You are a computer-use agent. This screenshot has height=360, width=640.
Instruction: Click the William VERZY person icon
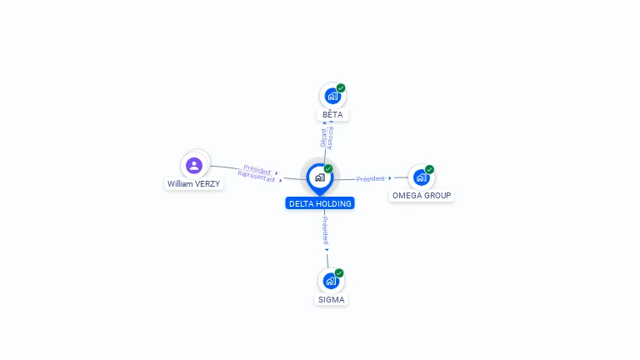194,166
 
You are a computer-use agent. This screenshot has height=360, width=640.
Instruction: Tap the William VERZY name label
193,184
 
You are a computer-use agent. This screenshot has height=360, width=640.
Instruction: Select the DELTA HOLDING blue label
320,203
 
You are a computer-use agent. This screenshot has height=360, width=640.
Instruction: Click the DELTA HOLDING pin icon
320,179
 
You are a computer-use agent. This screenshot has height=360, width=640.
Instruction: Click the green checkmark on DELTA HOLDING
328,168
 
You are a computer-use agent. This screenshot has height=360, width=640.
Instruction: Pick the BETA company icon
332,97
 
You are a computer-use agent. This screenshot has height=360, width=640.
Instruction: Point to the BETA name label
332,115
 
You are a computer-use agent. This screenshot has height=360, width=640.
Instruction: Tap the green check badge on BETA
341,87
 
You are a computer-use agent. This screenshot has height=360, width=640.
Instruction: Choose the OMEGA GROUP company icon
421,177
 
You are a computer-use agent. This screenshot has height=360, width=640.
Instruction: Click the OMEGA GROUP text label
422,196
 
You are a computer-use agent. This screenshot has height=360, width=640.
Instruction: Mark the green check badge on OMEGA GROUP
429,169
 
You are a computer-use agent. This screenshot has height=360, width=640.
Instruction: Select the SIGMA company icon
331,281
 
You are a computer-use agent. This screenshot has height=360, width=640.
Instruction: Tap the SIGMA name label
331,300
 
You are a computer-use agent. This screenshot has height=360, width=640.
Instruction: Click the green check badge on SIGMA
339,273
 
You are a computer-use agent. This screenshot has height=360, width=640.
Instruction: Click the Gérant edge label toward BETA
323,137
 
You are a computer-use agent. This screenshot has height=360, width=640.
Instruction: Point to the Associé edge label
331,138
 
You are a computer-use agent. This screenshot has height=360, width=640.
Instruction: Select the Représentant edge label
257,177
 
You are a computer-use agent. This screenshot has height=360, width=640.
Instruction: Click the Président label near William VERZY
257,169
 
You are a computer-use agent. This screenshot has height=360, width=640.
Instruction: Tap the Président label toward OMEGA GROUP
371,179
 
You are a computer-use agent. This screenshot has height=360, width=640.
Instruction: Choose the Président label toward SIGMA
325,231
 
